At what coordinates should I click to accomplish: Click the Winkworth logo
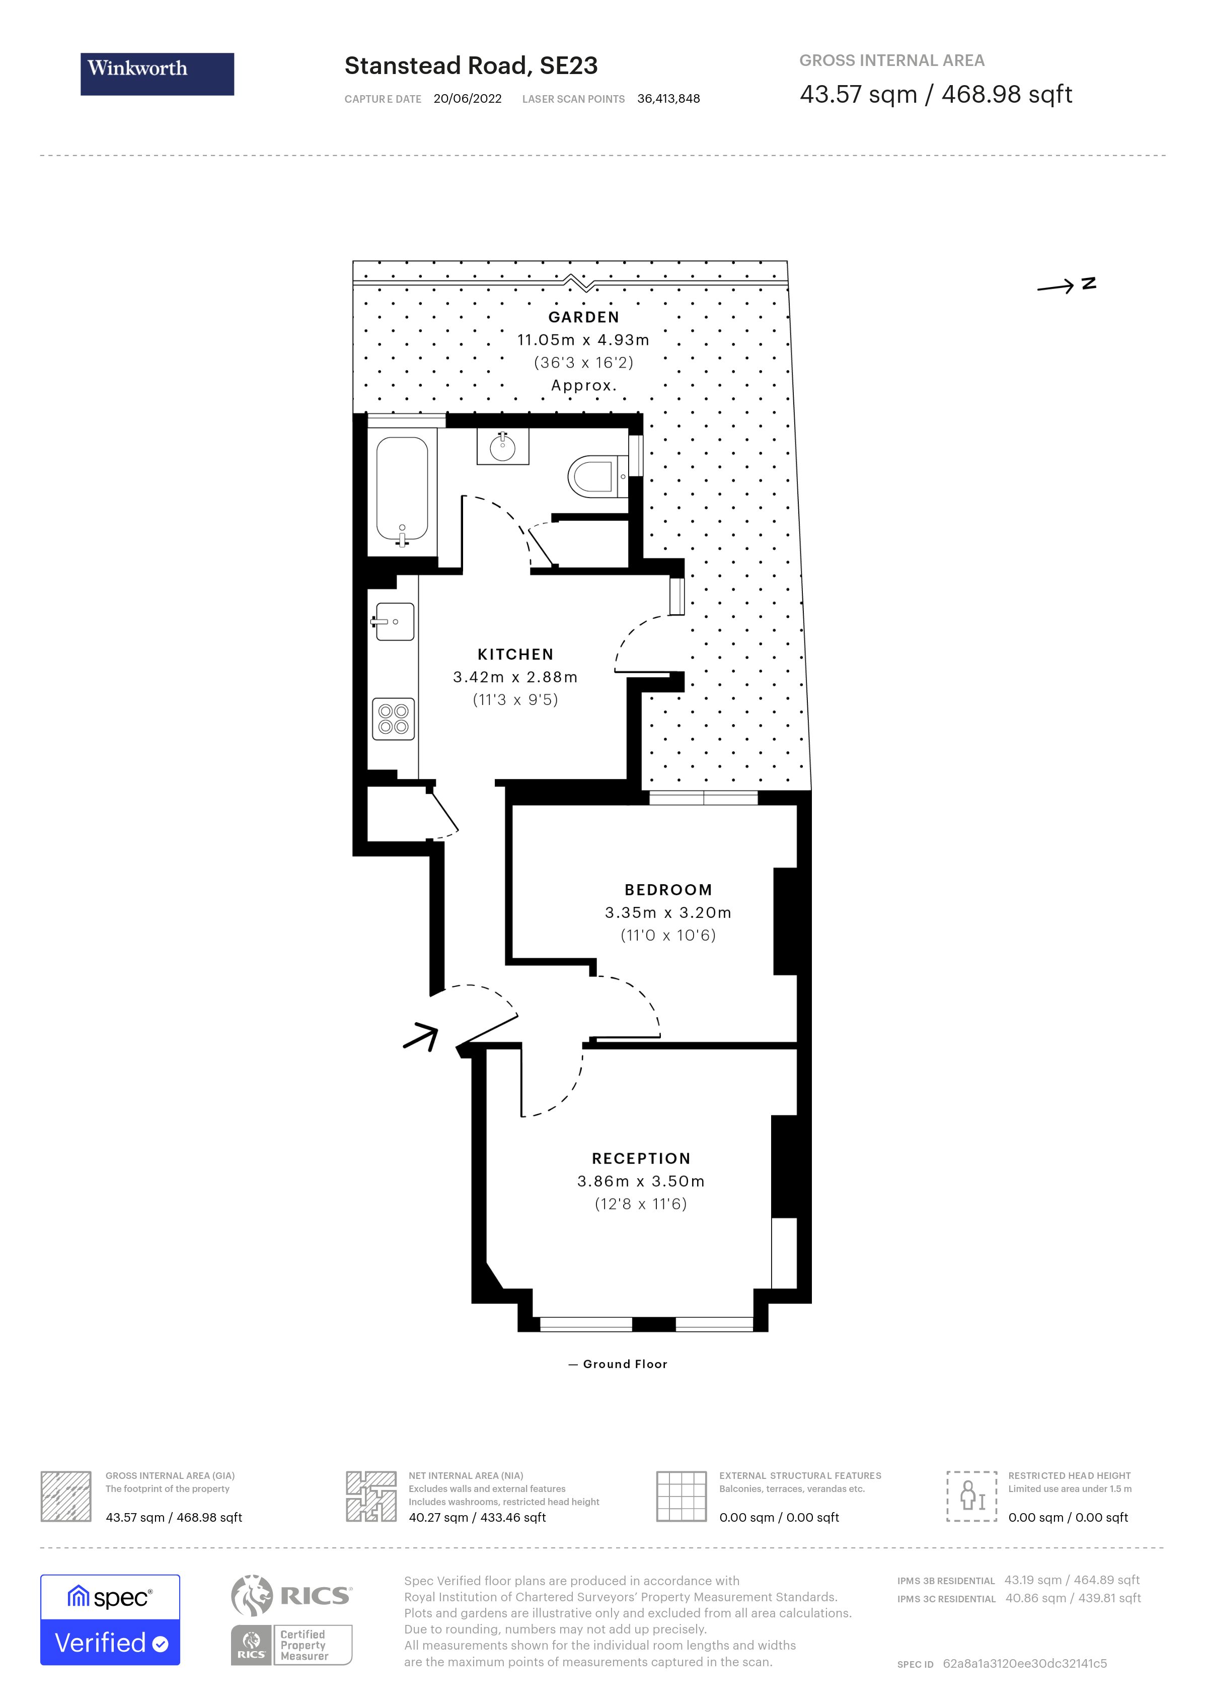[157, 74]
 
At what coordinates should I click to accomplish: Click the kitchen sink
[394, 621]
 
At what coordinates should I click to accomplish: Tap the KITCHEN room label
[515, 655]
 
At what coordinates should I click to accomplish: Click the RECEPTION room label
[641, 1158]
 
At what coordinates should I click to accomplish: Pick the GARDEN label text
[584, 317]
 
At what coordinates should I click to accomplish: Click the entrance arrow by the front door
[422, 1036]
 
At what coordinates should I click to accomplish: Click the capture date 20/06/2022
[467, 99]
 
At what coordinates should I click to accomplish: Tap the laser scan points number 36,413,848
[668, 99]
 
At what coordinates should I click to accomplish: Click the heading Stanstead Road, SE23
[471, 66]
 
